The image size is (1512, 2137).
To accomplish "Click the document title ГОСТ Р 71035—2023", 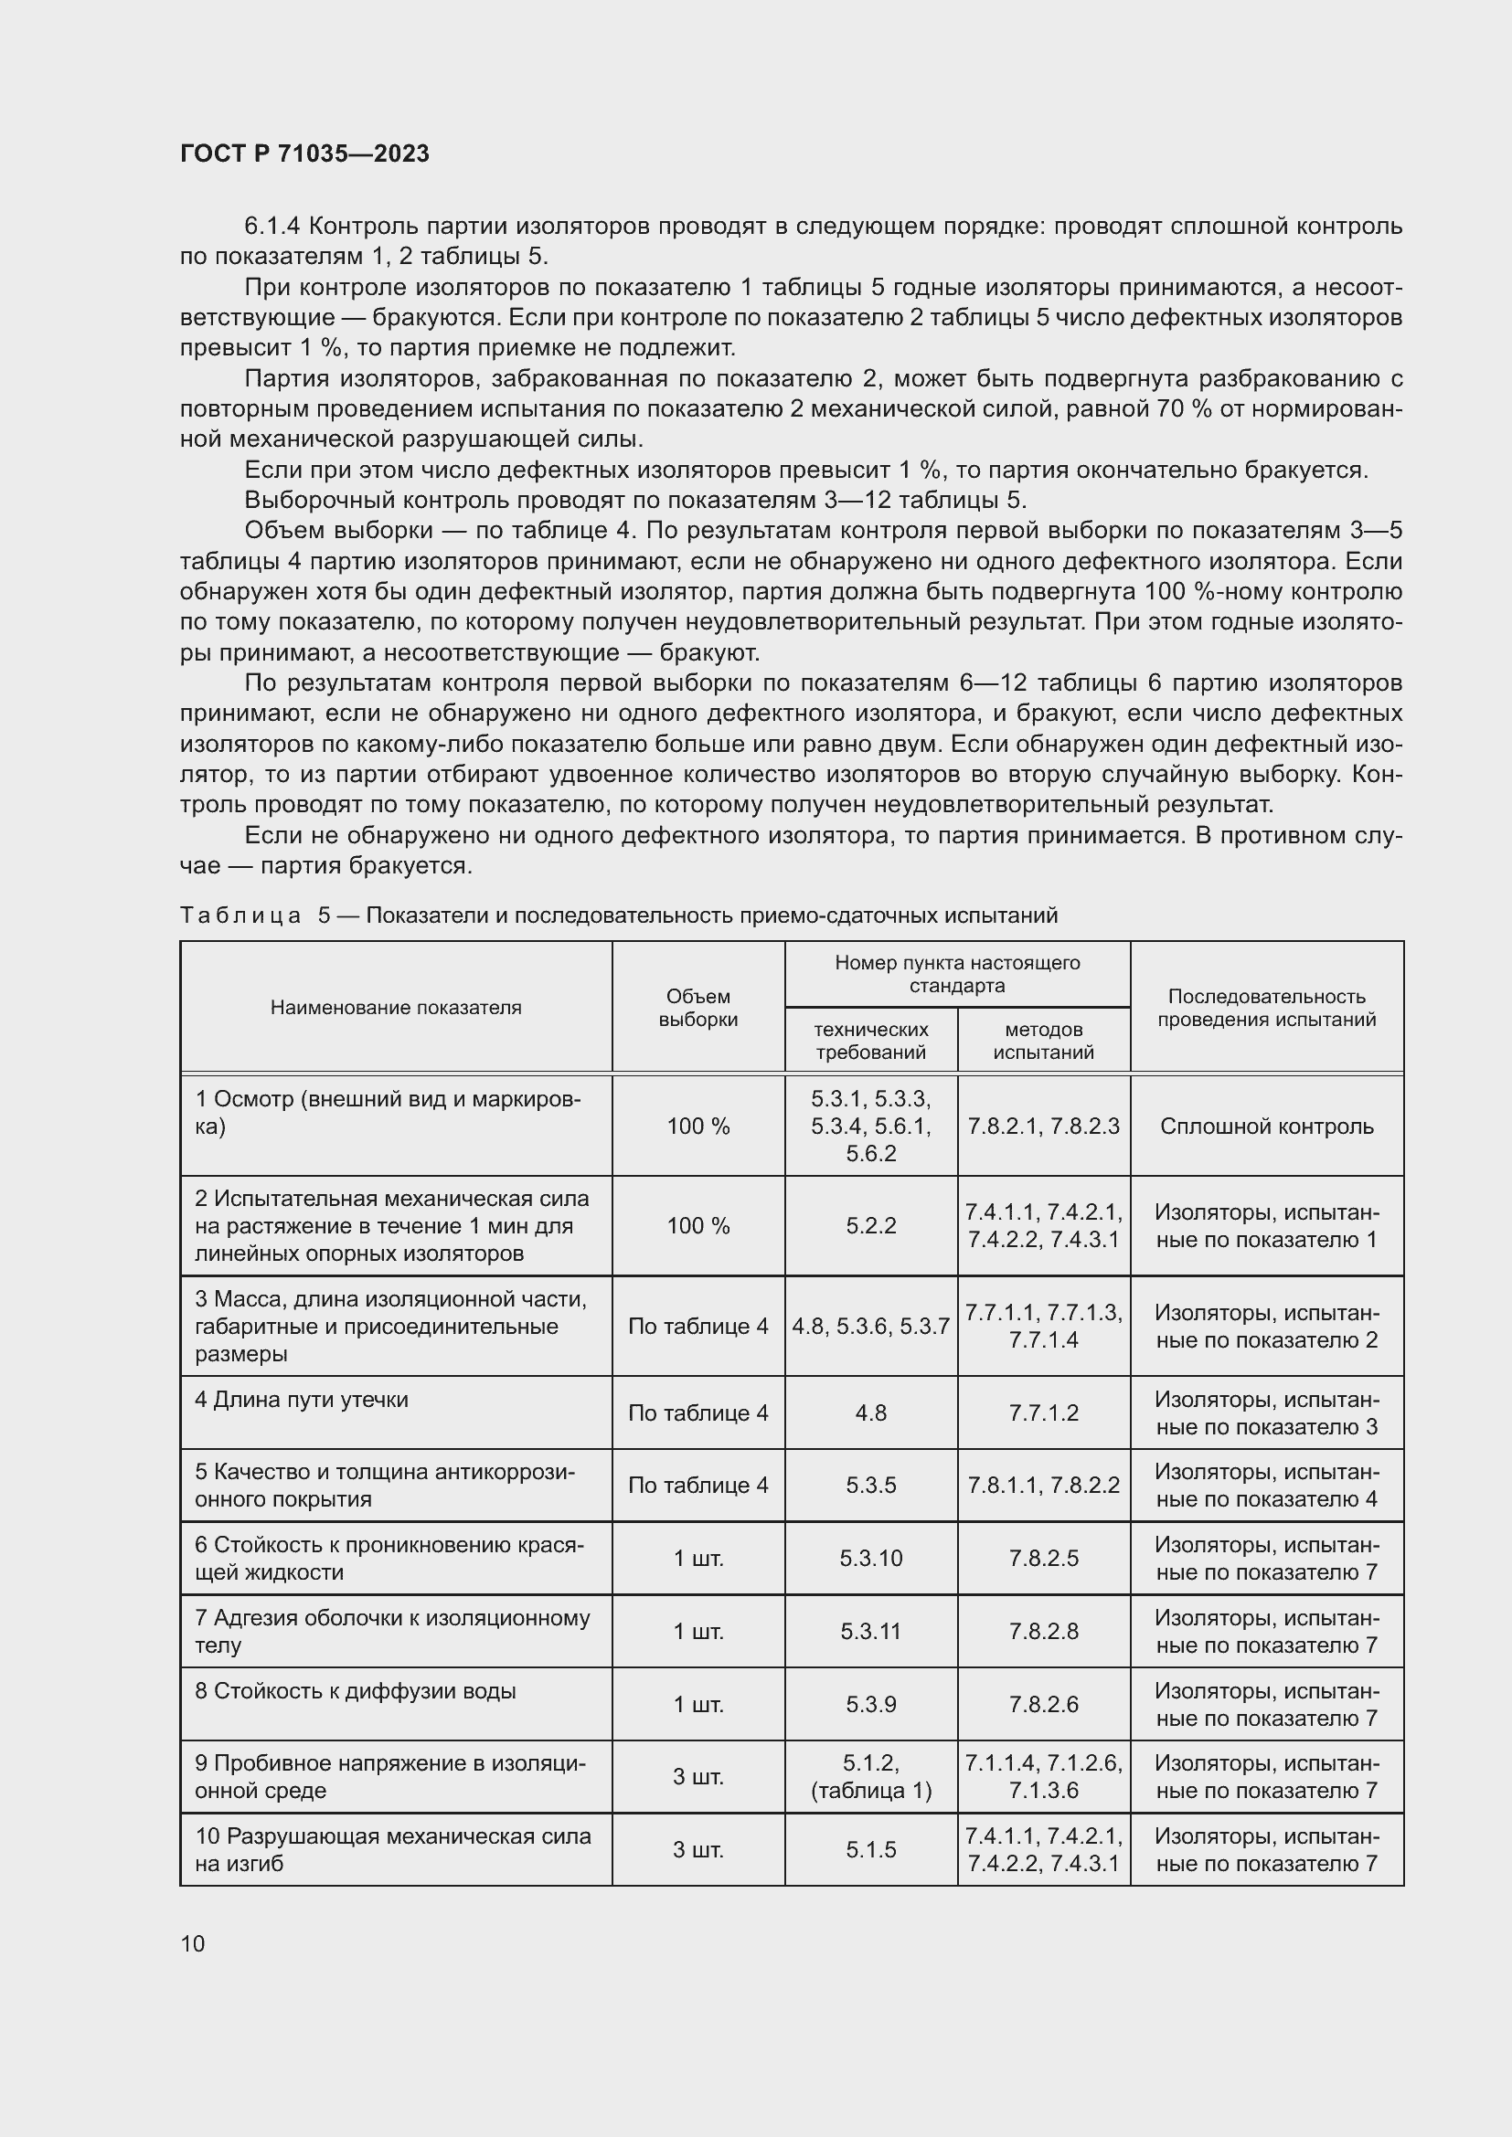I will click(x=304, y=153).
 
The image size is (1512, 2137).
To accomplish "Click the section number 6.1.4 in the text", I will click(x=272, y=227).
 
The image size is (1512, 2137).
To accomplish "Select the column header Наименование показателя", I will click(x=396, y=1007).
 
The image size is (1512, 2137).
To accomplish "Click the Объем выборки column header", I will click(x=697, y=1007).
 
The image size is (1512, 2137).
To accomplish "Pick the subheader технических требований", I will click(x=870, y=1041).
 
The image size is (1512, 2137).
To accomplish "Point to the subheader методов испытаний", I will click(x=1043, y=1041).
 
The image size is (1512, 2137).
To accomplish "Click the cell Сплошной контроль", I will click(x=1266, y=1127).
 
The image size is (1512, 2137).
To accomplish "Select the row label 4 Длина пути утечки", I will click(x=302, y=1400).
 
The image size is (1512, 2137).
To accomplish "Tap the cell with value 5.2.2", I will click(x=870, y=1226).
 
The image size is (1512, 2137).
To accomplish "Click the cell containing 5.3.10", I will click(x=870, y=1558).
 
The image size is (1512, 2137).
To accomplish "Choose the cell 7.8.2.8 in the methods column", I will click(x=1043, y=1631).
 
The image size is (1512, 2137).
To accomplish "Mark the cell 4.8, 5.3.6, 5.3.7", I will click(x=870, y=1327).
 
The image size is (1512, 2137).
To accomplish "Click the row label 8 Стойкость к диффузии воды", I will click(x=355, y=1691).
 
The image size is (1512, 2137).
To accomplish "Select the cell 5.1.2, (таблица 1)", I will click(x=870, y=1776).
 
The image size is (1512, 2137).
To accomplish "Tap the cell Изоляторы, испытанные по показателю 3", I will click(x=1266, y=1412).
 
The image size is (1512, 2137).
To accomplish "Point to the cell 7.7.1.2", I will click(x=1043, y=1412).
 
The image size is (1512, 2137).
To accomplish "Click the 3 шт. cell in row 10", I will click(x=697, y=1849).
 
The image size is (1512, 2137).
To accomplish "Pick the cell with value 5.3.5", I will click(x=870, y=1486).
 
